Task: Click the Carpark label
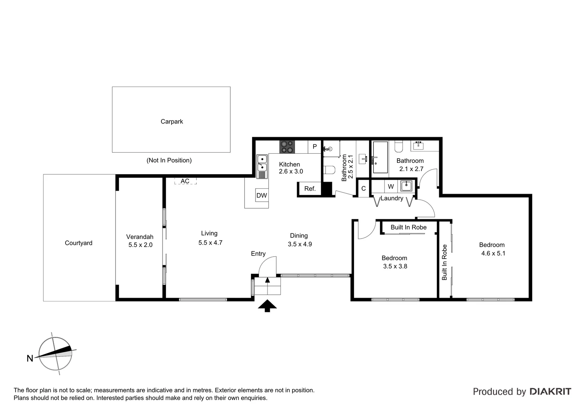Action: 172,122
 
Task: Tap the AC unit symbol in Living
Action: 185,181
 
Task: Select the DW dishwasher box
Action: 262,195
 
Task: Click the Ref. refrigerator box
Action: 310,189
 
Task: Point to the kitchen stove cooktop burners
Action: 287,147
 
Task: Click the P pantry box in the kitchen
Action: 315,147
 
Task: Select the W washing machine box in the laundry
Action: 391,187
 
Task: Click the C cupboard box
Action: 363,189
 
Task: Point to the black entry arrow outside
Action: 267,306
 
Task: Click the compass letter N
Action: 30,358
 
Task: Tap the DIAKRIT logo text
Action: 550,392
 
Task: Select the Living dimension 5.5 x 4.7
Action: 210,243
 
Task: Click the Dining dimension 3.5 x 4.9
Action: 300,244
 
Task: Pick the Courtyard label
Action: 78,243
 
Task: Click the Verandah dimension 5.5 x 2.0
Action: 140,245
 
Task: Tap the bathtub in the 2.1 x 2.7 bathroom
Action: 380,157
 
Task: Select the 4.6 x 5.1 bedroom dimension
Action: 493,253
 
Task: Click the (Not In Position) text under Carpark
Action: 169,161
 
